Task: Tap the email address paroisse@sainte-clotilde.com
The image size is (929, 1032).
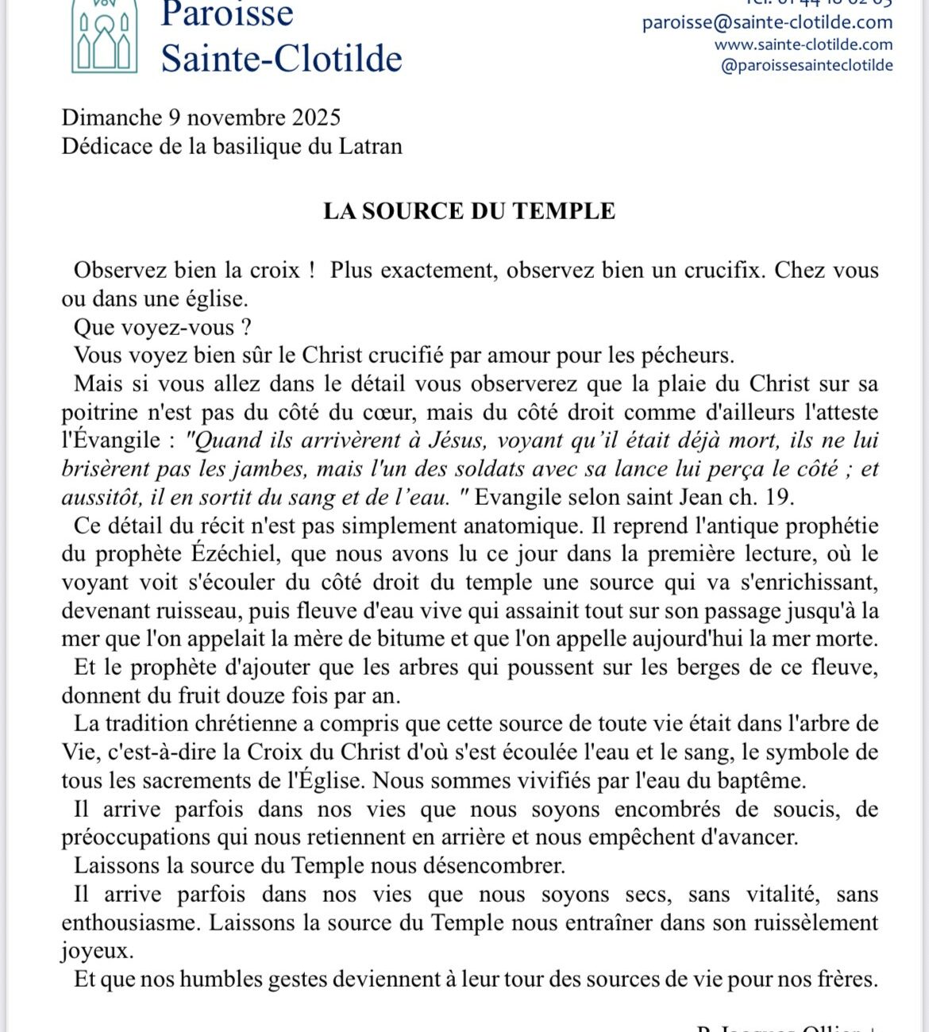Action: point(767,22)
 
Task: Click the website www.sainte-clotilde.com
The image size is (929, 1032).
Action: point(803,44)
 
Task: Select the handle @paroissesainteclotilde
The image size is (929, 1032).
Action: point(806,66)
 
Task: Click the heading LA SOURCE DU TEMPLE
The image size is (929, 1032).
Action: point(468,211)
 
